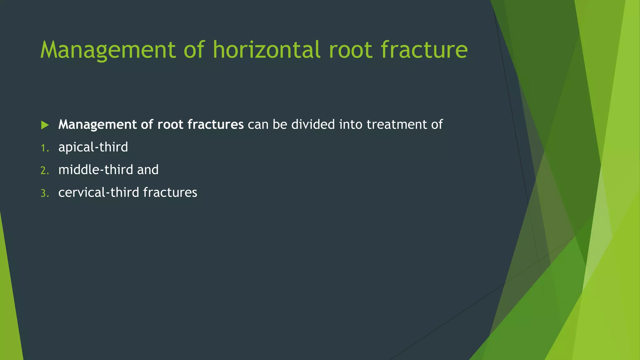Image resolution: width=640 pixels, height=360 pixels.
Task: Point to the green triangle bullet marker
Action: coord(45,125)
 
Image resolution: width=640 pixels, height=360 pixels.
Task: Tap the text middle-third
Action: coord(96,170)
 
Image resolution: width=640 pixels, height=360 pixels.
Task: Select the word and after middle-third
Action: coord(148,170)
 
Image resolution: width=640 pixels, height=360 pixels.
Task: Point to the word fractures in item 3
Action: coord(170,192)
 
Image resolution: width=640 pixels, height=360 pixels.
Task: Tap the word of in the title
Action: coord(194,50)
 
